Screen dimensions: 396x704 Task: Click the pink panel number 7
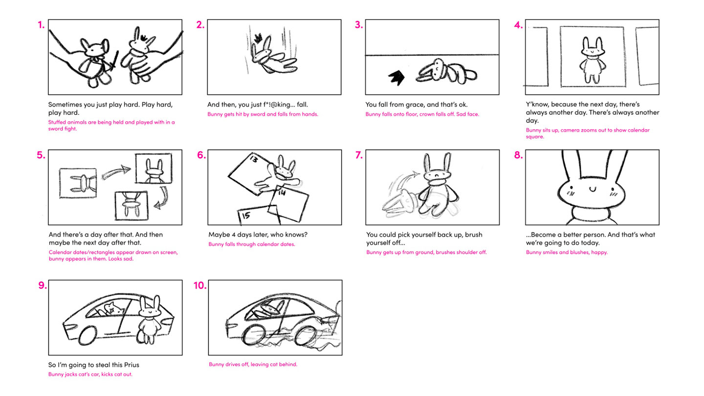click(359, 155)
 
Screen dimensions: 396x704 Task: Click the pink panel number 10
click(200, 286)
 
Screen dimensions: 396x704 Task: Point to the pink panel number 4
click(519, 25)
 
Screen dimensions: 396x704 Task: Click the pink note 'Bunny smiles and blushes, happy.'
click(567, 252)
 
